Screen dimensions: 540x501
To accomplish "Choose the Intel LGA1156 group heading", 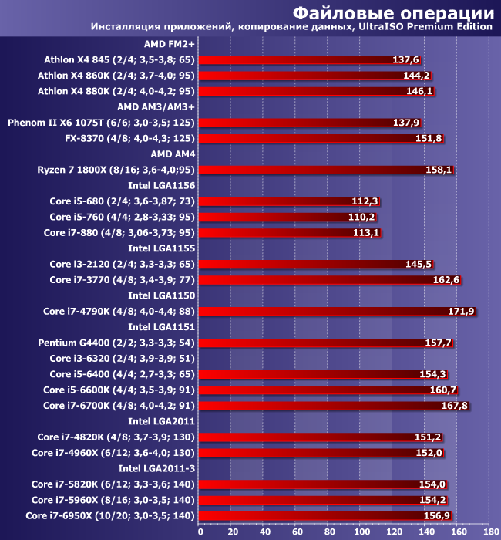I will tap(161, 185).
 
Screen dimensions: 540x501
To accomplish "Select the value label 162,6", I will tap(446, 280).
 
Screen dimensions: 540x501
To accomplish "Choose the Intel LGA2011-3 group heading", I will tap(156, 468).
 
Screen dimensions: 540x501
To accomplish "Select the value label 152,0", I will tap(429, 453).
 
